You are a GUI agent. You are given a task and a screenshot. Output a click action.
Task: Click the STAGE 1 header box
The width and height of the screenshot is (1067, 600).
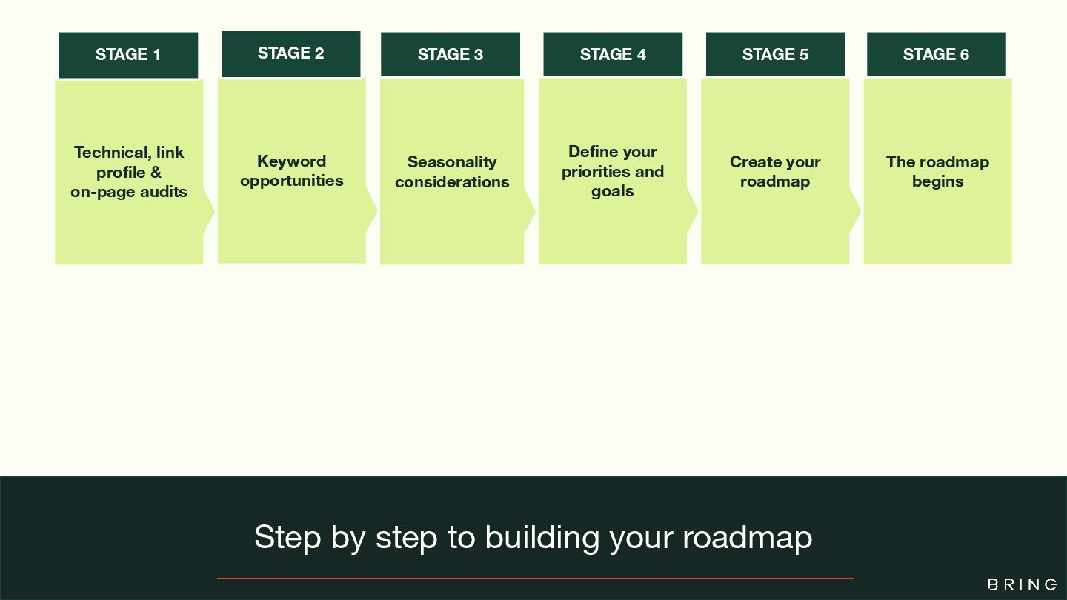tap(128, 55)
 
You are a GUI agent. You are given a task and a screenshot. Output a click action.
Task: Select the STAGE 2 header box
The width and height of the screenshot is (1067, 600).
tap(290, 53)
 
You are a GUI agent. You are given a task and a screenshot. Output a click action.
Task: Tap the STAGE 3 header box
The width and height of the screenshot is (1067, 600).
tap(451, 55)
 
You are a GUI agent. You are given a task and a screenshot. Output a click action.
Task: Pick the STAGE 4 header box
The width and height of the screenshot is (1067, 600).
tap(613, 55)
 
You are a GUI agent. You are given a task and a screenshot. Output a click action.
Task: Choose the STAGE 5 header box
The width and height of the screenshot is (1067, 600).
tap(775, 55)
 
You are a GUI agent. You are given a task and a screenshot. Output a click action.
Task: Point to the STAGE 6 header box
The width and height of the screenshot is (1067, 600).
tap(936, 55)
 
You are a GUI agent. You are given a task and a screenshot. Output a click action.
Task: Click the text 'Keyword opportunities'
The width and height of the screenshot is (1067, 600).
tap(291, 171)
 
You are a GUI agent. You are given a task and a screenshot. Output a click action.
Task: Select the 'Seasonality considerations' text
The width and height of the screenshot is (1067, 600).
tap(452, 172)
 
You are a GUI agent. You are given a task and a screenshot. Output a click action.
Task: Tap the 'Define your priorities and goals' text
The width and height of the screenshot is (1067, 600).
tap(613, 171)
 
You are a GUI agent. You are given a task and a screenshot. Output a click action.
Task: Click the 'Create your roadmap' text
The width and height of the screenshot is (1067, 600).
tap(775, 171)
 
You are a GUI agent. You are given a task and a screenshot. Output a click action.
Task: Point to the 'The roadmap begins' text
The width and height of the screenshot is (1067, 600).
tap(937, 171)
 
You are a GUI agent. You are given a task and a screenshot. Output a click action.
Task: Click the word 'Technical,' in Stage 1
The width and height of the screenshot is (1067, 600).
tap(112, 153)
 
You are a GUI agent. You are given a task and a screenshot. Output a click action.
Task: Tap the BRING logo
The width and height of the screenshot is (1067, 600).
tap(1023, 584)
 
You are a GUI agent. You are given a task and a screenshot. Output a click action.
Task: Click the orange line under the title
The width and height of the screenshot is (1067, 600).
tap(535, 578)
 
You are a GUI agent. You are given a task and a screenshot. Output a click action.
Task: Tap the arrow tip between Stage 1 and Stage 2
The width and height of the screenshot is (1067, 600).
tap(210, 212)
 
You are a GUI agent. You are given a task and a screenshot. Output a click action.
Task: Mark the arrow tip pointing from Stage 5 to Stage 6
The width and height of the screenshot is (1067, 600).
tap(857, 211)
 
